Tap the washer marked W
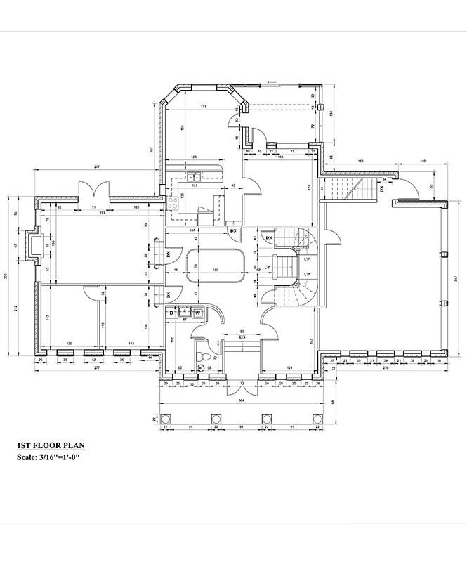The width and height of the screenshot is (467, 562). click(x=198, y=313)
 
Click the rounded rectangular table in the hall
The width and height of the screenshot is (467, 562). click(x=216, y=266)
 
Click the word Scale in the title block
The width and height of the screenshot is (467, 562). click(x=29, y=458)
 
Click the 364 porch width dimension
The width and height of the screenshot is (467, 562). click(x=241, y=401)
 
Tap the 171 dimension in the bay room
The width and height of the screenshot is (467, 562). click(x=203, y=107)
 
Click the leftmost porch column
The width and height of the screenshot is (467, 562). click(x=165, y=420)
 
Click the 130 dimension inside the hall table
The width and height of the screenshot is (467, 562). click(x=216, y=270)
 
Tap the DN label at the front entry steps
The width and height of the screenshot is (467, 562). click(x=242, y=336)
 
